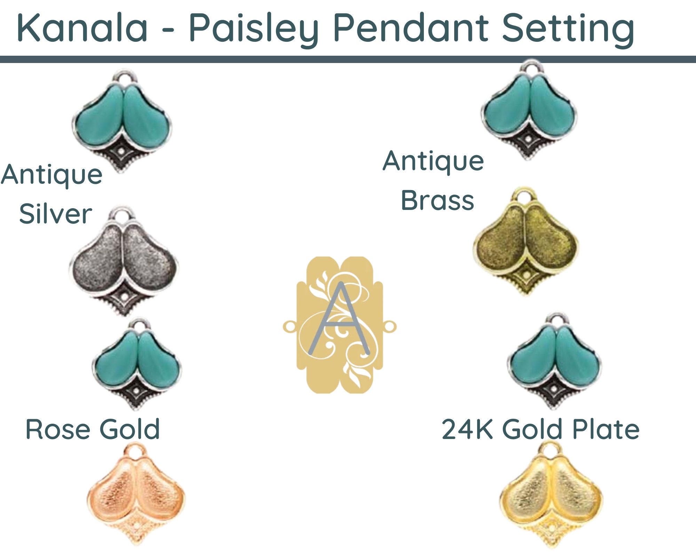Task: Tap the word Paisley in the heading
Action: [254, 30]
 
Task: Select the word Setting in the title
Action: [568, 30]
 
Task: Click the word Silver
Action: [56, 214]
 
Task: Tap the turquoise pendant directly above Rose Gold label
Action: [137, 364]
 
